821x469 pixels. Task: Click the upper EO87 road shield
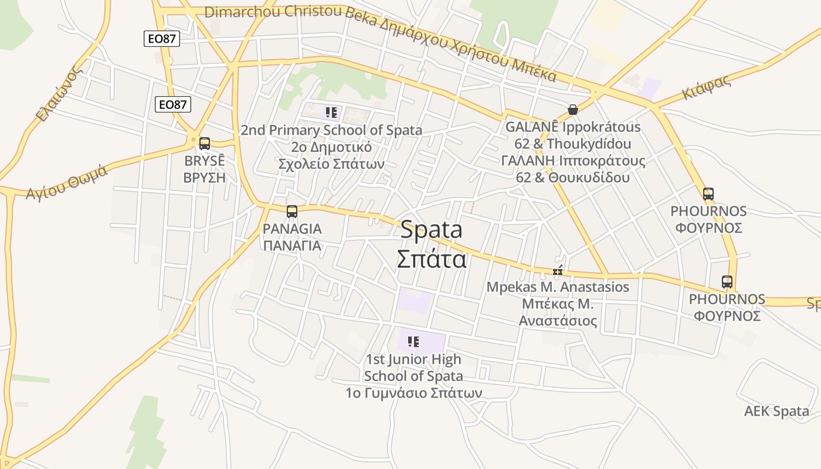click(x=161, y=39)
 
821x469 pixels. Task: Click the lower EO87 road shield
click(x=173, y=104)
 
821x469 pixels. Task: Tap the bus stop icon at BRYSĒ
click(x=205, y=143)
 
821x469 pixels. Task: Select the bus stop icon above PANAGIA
click(x=291, y=212)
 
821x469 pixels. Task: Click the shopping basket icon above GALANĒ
click(x=573, y=110)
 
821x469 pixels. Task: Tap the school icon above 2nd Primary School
click(x=331, y=112)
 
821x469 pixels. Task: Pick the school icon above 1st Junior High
click(x=413, y=341)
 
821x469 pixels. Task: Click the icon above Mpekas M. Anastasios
click(x=558, y=271)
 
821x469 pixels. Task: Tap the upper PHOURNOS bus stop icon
click(x=708, y=193)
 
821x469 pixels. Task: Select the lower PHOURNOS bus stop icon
click(x=727, y=282)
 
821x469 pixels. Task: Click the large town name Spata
click(x=431, y=230)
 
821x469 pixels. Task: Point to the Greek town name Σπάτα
click(x=432, y=259)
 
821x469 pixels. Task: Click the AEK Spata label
click(x=776, y=411)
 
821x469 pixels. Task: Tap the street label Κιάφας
click(x=706, y=88)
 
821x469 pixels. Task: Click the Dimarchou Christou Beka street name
click(x=273, y=12)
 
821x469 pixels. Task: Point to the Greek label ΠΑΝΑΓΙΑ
click(x=292, y=246)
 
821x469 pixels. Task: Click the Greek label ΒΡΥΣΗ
click(x=204, y=178)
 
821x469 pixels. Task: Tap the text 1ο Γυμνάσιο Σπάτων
click(x=414, y=393)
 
